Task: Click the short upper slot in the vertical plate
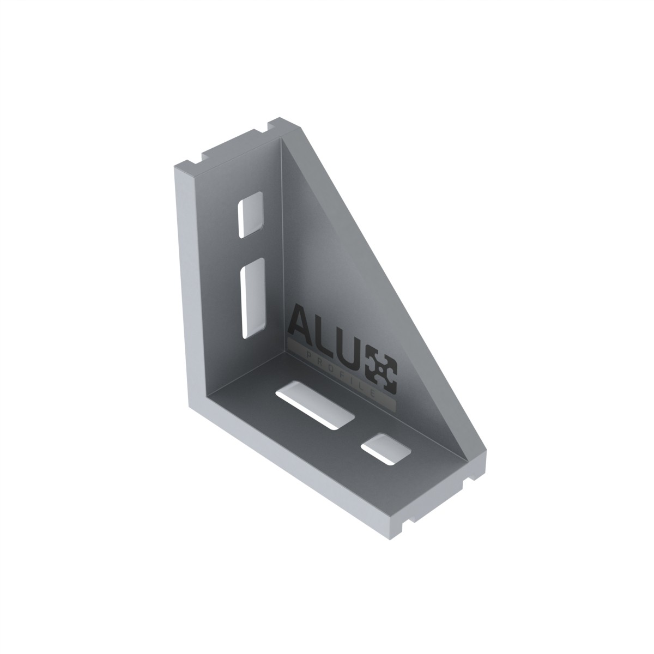pos(251,215)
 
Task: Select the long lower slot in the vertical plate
pos(253,298)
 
